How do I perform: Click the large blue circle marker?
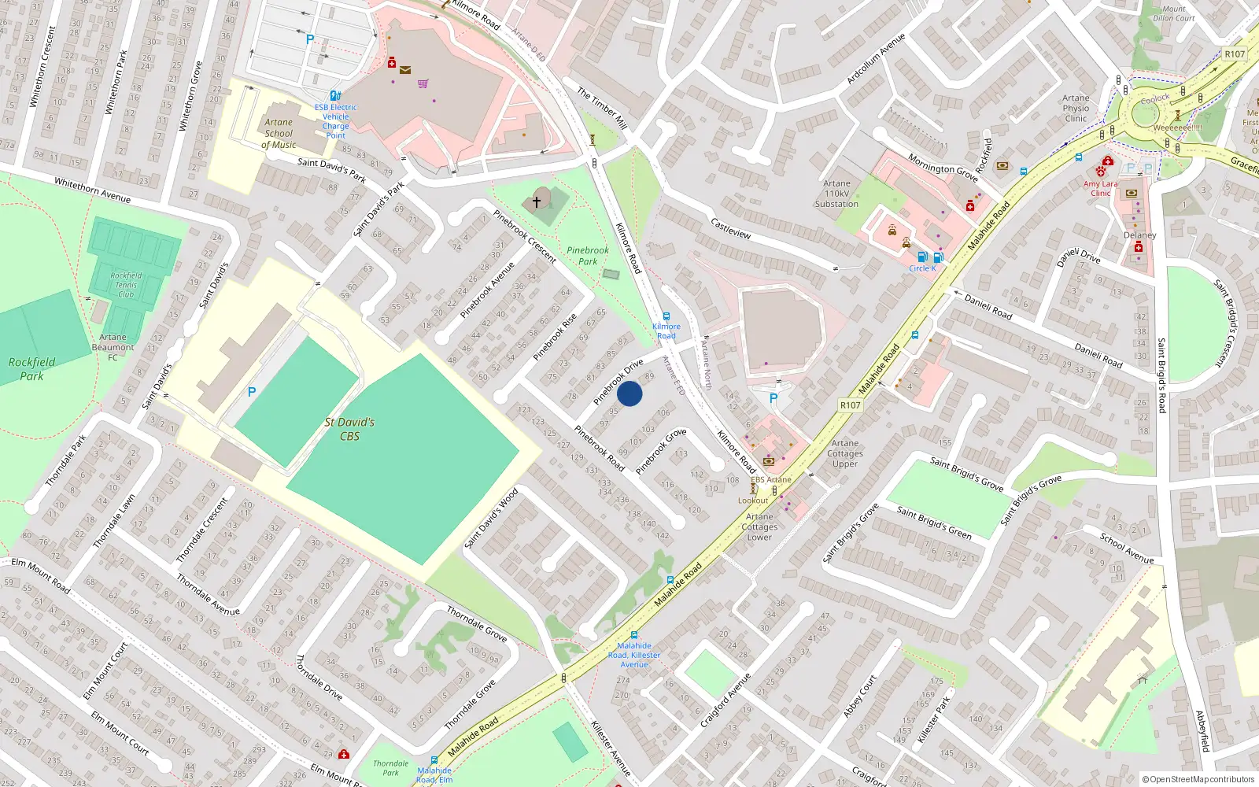pyautogui.click(x=629, y=393)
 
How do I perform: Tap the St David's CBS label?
pyautogui.click(x=349, y=429)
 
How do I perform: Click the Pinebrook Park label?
pyautogui.click(x=588, y=256)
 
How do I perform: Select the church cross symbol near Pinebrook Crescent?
pyautogui.click(x=537, y=202)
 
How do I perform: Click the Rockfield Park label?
pyautogui.click(x=31, y=369)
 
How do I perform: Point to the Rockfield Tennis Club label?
pyautogui.click(x=126, y=285)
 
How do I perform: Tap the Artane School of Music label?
pyautogui.click(x=279, y=134)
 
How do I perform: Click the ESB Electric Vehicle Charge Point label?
pyautogui.click(x=336, y=121)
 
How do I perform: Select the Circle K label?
pyautogui.click(x=922, y=268)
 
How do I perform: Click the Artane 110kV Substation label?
pyautogui.click(x=836, y=194)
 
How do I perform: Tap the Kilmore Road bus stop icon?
pyautogui.click(x=666, y=316)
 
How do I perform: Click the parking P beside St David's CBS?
pyautogui.click(x=252, y=392)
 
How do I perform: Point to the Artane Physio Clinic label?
pyautogui.click(x=1076, y=109)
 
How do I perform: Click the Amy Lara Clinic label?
pyautogui.click(x=1100, y=188)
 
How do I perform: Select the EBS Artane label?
pyautogui.click(x=770, y=479)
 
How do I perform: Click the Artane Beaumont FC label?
pyautogui.click(x=113, y=347)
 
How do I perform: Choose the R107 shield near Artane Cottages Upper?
pyautogui.click(x=850, y=405)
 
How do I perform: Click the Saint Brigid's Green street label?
pyautogui.click(x=934, y=523)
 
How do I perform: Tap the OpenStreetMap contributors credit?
pyautogui.click(x=1198, y=779)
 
